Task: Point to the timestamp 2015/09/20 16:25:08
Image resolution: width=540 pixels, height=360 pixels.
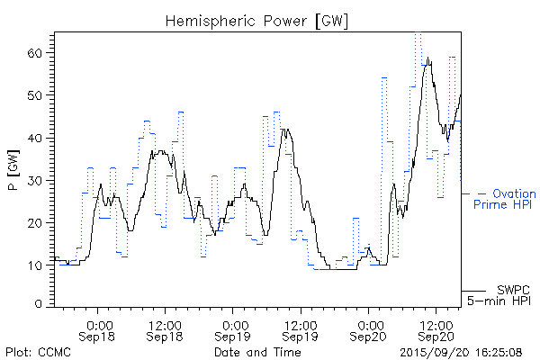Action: click(x=460, y=352)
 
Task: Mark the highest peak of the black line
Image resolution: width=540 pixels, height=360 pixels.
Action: click(x=429, y=58)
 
